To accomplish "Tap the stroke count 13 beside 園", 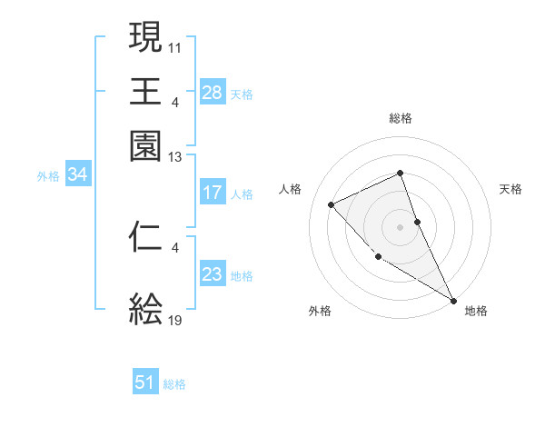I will [x=175, y=156].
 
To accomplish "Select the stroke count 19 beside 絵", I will [x=175, y=321].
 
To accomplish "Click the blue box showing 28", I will [x=212, y=94].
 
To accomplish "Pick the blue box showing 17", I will [x=212, y=193].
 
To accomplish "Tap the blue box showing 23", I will [x=212, y=274].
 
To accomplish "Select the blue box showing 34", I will [x=77, y=175].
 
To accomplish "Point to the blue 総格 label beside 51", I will [x=174, y=384].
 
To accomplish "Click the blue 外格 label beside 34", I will [x=48, y=176].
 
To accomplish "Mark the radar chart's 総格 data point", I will [x=400, y=173].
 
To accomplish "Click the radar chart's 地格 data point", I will [x=453, y=300].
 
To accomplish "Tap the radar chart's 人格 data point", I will [x=332, y=204].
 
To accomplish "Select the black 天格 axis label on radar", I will [x=510, y=189].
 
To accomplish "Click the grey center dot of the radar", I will [x=400, y=226].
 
